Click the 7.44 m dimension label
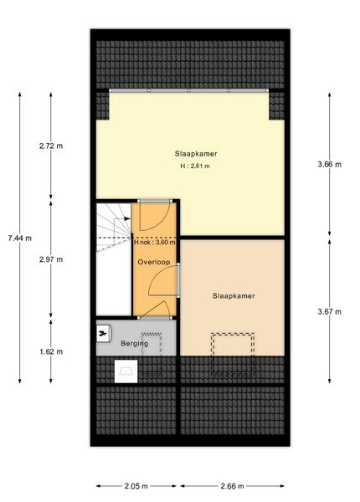[x=20, y=238]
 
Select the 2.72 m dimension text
[x=51, y=146]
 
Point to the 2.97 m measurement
[x=51, y=259]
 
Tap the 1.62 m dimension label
[x=51, y=351]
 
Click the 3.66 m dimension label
[x=330, y=165]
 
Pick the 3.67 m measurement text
[x=330, y=311]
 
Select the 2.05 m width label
[x=136, y=486]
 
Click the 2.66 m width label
[x=232, y=486]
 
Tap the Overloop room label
[x=154, y=262]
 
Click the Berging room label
[x=135, y=344]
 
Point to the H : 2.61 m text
[x=195, y=166]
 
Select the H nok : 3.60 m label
[x=155, y=243]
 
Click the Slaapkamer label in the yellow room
[x=196, y=154]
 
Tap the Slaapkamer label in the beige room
[x=234, y=296]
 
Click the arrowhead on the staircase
[x=127, y=218]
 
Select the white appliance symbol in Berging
[x=104, y=334]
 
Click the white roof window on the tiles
[x=126, y=371]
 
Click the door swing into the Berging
[x=156, y=309]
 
